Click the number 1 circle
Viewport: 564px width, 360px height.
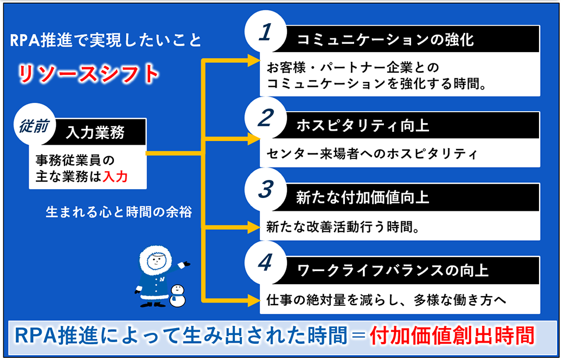[x=265, y=31]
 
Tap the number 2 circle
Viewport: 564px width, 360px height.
[x=265, y=118]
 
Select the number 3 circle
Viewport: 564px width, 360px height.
[x=265, y=189]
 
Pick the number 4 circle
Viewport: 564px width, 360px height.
[x=265, y=262]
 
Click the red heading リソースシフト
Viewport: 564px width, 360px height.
[x=88, y=74]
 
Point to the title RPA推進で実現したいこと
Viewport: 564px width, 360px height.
[x=105, y=40]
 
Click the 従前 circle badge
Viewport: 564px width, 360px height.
[x=35, y=125]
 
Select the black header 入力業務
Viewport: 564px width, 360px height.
[x=95, y=132]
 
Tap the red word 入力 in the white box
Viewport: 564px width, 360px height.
[x=116, y=177]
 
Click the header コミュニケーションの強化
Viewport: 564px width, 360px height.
[x=385, y=40]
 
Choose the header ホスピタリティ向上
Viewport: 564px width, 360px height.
[x=363, y=126]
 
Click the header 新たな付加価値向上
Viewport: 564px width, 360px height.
[x=363, y=197]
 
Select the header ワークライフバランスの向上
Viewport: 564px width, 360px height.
[x=393, y=271]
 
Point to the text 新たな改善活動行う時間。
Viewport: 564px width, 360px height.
[x=343, y=227]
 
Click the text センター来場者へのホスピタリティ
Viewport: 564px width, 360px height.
[x=371, y=154]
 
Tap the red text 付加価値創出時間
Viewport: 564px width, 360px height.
[x=452, y=336]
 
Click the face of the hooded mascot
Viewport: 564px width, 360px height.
[x=156, y=260]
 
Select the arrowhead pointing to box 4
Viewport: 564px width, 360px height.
[x=254, y=300]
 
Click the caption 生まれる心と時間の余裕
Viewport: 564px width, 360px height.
[x=119, y=212]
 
